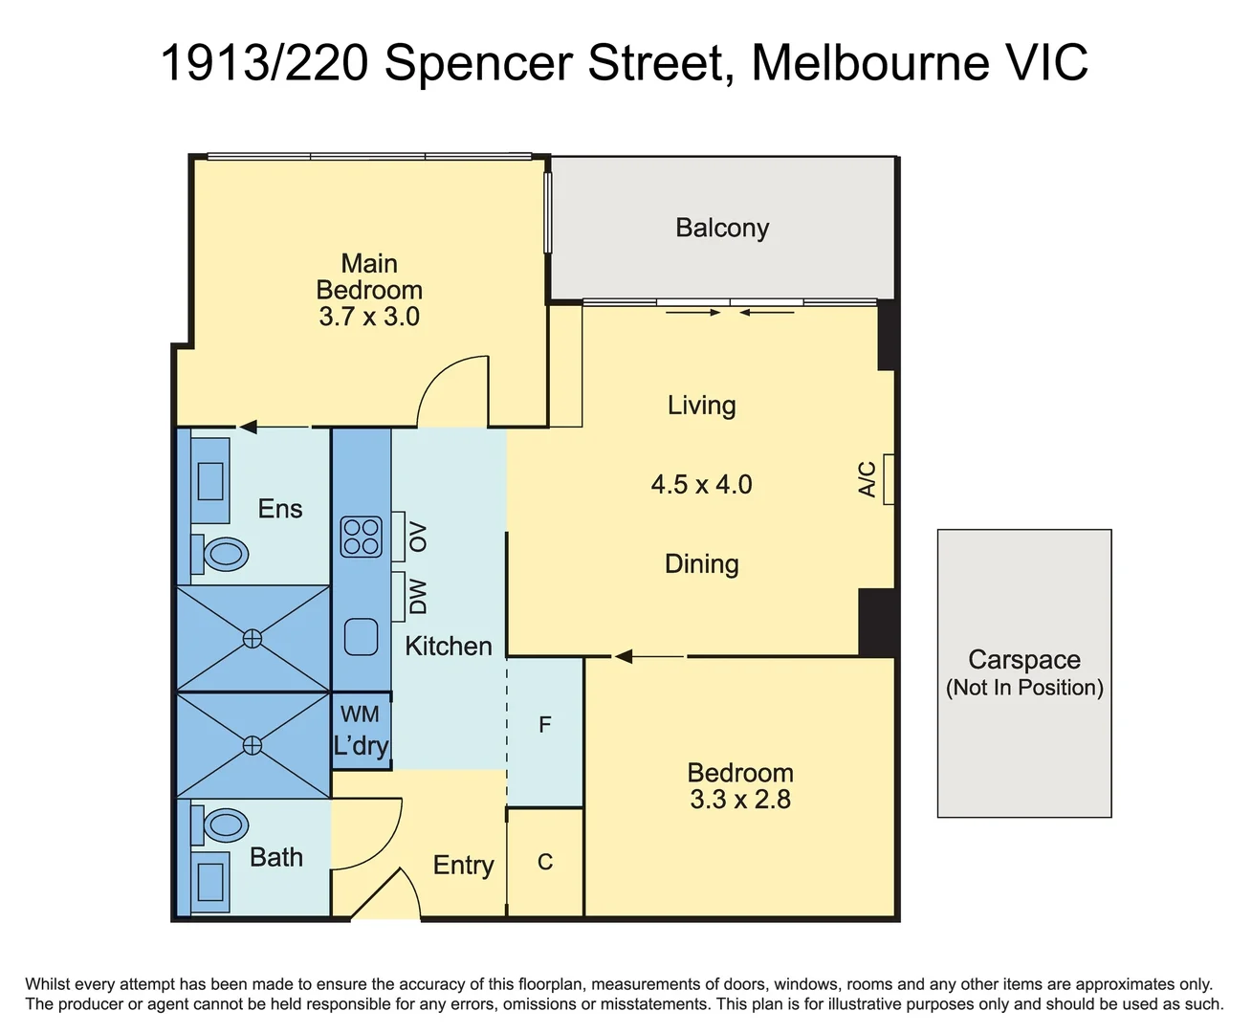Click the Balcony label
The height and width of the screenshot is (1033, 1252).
[x=722, y=228]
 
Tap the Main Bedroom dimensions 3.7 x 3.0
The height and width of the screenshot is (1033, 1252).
[x=369, y=317]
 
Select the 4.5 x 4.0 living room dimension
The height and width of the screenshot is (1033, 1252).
[x=701, y=484]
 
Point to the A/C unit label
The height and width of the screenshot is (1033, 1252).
[x=868, y=479]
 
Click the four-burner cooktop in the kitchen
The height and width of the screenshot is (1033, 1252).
[x=362, y=537]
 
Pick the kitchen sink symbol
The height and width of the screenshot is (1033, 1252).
[x=361, y=637]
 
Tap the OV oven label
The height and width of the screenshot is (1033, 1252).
[x=418, y=537]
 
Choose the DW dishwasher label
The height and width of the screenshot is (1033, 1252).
[x=418, y=596]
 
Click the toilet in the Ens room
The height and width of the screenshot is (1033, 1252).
[x=224, y=554]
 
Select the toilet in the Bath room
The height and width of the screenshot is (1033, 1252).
[x=224, y=824]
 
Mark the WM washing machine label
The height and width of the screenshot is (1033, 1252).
[x=360, y=714]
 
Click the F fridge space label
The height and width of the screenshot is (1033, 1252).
[x=545, y=725]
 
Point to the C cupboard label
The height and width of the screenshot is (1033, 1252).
[x=545, y=863]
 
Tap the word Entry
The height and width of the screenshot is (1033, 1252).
[x=463, y=865]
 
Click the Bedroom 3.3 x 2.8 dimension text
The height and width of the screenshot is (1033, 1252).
[x=740, y=800]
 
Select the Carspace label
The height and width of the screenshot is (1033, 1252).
[x=1023, y=659]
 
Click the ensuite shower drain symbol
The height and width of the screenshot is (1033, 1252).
[x=253, y=638]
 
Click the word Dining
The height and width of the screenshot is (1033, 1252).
[x=701, y=563]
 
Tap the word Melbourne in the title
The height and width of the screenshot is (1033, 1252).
[x=870, y=63]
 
